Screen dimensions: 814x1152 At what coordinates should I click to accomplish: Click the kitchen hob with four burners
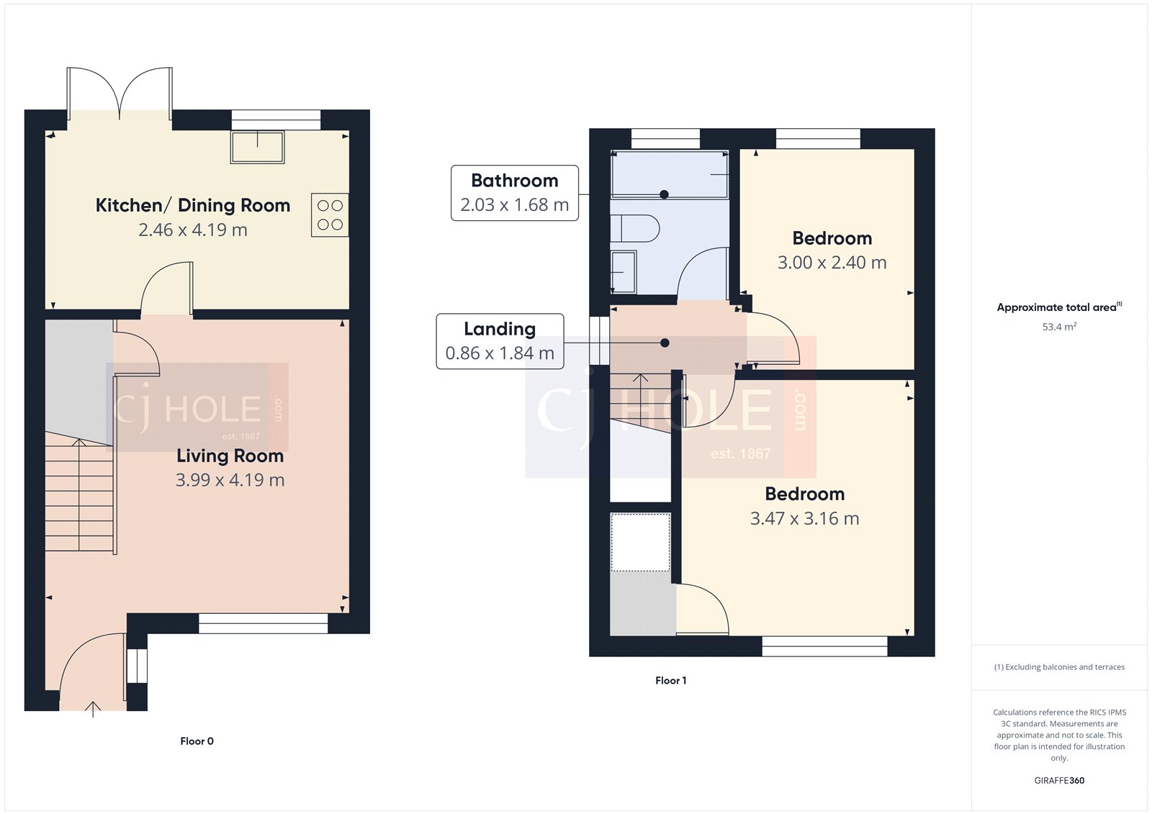[330, 214]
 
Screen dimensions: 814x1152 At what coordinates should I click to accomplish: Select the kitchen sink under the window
[257, 147]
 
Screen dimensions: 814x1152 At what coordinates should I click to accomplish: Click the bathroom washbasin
[624, 271]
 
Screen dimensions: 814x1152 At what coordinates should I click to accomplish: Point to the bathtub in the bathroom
[669, 174]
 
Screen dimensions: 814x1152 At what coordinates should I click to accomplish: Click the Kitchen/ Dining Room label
[193, 206]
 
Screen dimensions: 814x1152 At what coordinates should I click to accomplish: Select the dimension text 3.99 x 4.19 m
[230, 480]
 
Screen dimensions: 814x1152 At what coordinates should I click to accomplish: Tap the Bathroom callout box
[514, 193]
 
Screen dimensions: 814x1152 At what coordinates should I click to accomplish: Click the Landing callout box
[500, 341]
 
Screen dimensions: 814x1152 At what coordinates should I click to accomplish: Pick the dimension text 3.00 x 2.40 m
[832, 263]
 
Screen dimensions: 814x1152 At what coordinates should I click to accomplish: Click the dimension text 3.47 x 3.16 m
[804, 519]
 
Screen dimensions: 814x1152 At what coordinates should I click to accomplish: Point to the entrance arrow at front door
[93, 708]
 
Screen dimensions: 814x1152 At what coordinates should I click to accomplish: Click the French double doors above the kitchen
[120, 94]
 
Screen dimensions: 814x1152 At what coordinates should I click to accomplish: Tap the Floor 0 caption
[197, 741]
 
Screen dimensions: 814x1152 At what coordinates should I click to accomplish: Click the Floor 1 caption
[670, 681]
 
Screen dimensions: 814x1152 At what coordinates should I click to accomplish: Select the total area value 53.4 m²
[1059, 327]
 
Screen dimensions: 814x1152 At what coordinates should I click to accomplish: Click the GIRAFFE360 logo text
[1059, 780]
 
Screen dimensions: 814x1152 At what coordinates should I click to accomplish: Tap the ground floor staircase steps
[79, 497]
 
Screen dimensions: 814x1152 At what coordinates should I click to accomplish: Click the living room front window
[263, 623]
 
